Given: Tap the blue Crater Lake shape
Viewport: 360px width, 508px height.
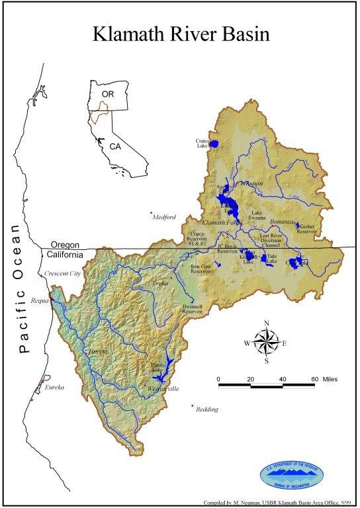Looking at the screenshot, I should click(214, 143).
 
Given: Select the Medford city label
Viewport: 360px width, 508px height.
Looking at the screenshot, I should click(166, 217).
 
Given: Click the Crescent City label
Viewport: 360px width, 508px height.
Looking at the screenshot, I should click(63, 273).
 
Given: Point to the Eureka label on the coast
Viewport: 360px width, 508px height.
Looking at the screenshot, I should click(54, 387).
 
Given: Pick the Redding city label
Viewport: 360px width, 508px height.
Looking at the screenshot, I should click(207, 409).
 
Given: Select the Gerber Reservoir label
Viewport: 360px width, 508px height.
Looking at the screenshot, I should click(308, 229).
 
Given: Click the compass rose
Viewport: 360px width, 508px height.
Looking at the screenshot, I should click(266, 342).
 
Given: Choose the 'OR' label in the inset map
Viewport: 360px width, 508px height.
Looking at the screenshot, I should click(107, 95).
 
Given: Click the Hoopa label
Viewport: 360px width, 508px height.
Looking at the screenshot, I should click(99, 350).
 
